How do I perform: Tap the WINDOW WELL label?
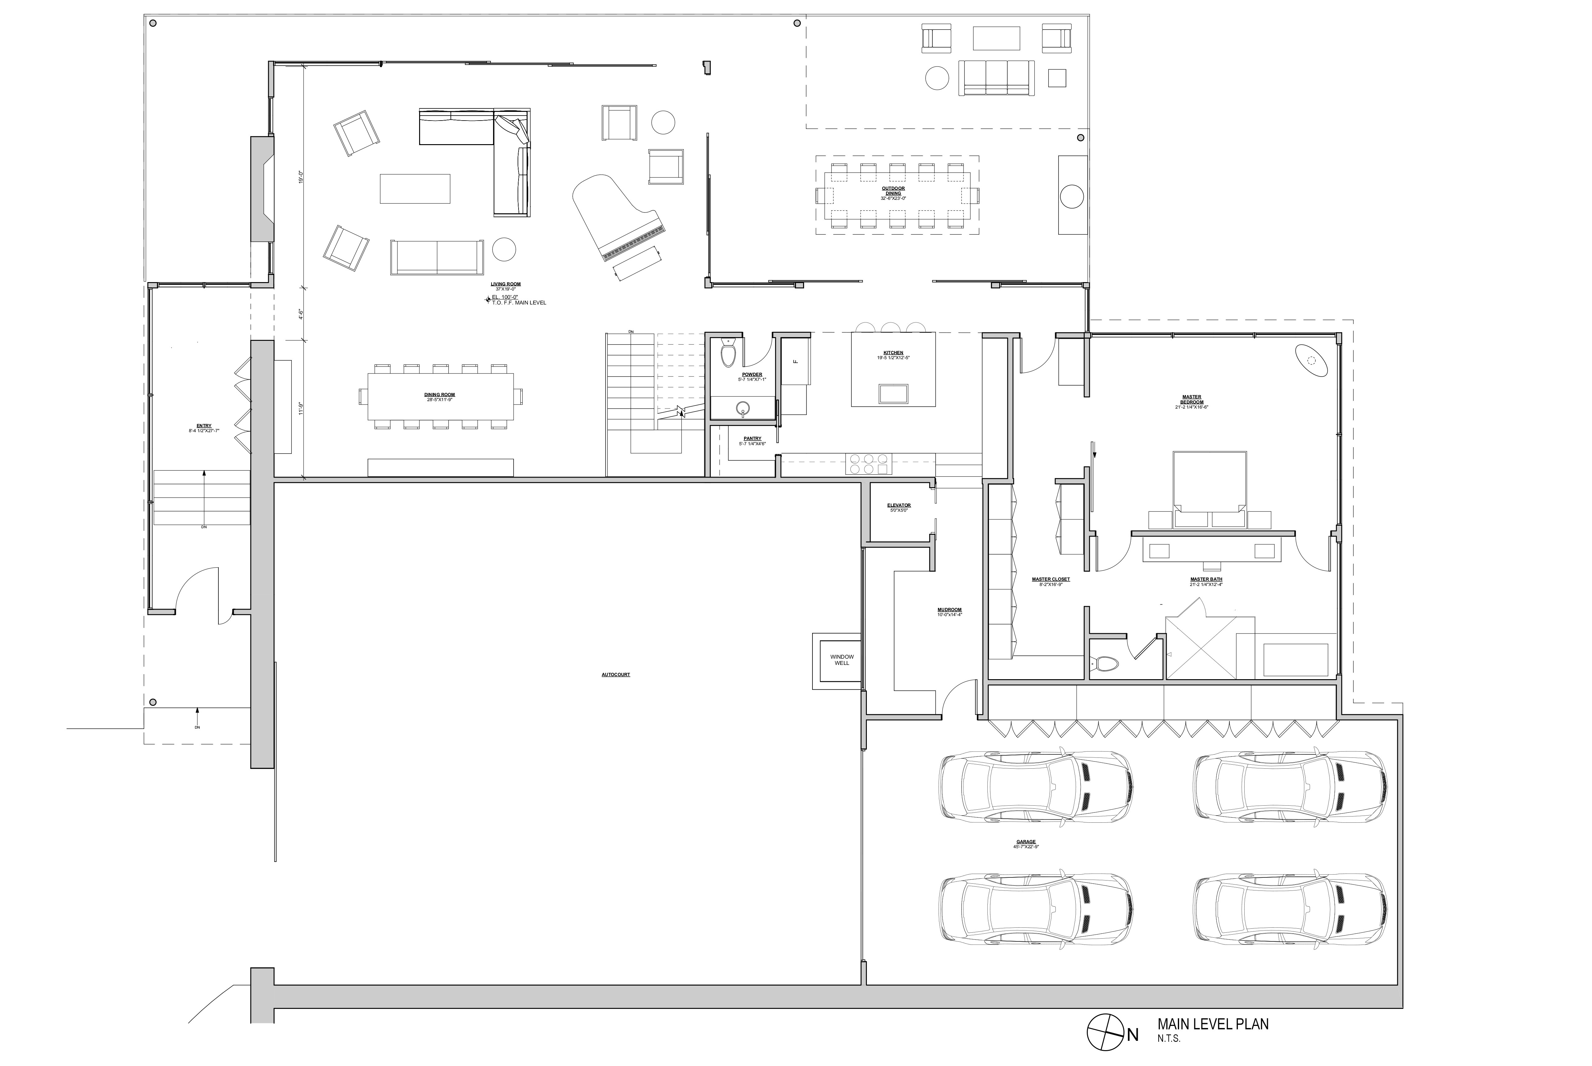tap(842, 659)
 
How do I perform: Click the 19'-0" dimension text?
tap(300, 177)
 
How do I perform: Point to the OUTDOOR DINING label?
tap(893, 190)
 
